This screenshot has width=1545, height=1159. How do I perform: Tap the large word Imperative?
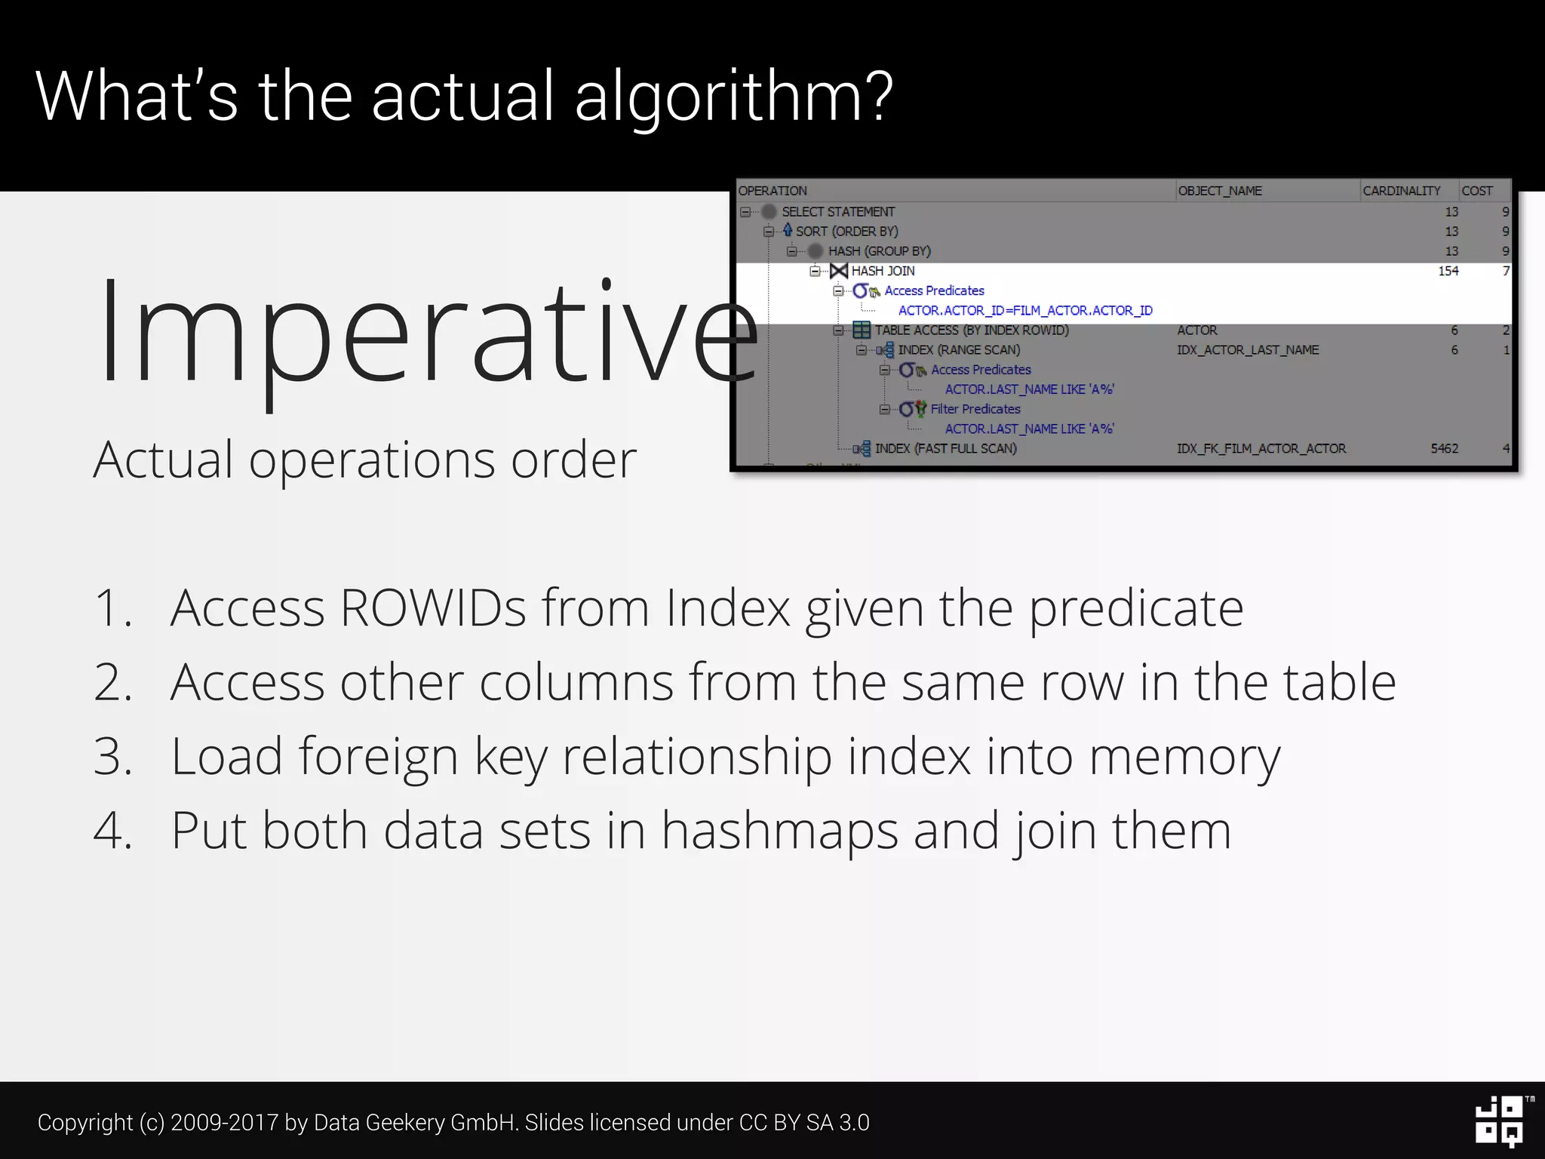click(x=427, y=332)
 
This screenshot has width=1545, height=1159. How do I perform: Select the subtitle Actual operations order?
click(x=364, y=460)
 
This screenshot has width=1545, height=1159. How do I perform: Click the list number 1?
click(x=112, y=608)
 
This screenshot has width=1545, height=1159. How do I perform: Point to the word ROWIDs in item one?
click(x=432, y=607)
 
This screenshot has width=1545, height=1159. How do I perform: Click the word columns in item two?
click(x=576, y=682)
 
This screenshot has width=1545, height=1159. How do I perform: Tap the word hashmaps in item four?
click(x=779, y=831)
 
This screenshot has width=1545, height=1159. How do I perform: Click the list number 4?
click(x=112, y=831)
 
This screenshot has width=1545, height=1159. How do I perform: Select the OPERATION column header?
click(x=772, y=191)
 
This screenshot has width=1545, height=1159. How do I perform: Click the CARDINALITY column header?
click(x=1401, y=191)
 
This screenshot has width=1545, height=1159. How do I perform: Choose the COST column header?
click(x=1476, y=191)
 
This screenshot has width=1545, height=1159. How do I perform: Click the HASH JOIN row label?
click(x=883, y=271)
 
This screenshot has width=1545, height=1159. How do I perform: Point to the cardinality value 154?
click(x=1448, y=271)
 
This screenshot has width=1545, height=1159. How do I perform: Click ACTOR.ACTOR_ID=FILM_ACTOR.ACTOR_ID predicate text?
click(x=1025, y=310)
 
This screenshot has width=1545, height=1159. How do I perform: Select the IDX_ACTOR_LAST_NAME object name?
click(x=1248, y=350)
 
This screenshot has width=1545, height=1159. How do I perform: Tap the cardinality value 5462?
click(x=1444, y=448)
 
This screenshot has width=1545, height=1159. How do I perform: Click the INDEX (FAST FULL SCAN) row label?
click(x=945, y=448)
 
